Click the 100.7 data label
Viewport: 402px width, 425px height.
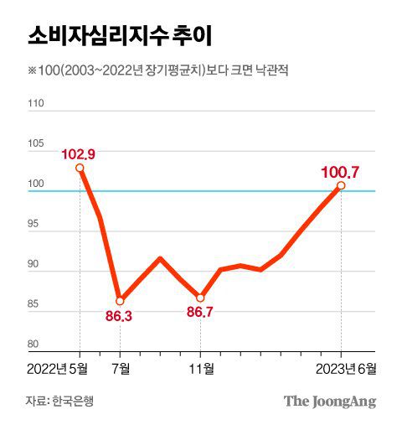point(340,172)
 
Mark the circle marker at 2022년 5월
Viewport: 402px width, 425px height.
point(80,168)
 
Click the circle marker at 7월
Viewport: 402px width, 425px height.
point(120,300)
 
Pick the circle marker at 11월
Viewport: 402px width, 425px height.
point(200,298)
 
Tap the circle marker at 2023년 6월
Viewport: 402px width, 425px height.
point(341,185)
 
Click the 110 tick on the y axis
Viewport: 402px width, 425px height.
point(36,105)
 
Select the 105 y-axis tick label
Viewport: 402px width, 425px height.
point(36,144)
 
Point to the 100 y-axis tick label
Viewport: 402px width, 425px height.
point(36,184)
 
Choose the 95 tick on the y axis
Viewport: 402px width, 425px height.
point(36,225)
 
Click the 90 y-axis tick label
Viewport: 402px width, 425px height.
point(36,264)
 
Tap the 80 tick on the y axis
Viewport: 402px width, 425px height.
point(36,344)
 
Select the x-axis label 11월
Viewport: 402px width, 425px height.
point(201,367)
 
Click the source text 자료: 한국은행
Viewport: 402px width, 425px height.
point(59,401)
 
